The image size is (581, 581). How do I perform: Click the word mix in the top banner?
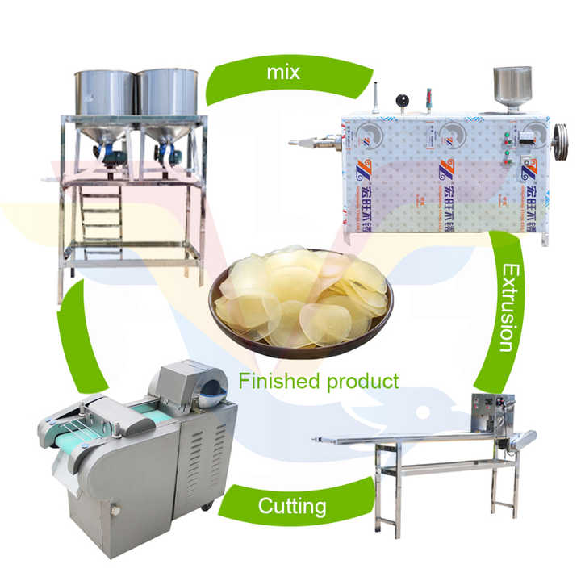coord(283,73)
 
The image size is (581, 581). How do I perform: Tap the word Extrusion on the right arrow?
coord(505,306)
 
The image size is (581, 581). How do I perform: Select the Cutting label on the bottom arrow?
coord(292,507)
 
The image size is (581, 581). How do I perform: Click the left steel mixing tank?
coord(105,93)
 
